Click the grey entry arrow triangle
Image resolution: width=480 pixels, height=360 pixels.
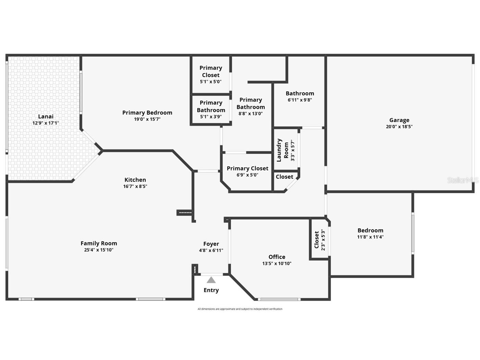pyautogui.click(x=211, y=280)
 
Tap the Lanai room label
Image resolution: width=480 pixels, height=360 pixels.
pyautogui.click(x=46, y=116)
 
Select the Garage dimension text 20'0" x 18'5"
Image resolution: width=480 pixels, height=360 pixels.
pyautogui.click(x=399, y=127)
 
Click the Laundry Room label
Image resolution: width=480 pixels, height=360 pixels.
pyautogui.click(x=283, y=150)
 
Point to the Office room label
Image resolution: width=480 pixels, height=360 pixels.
pyautogui.click(x=277, y=257)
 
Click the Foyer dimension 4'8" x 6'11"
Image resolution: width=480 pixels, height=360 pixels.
pyautogui.click(x=211, y=251)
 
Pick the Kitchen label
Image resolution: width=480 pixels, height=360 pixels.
pyautogui.click(x=135, y=180)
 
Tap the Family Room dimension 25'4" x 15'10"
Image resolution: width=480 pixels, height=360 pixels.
pyautogui.click(x=99, y=250)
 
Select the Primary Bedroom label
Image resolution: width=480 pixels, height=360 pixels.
pyautogui.click(x=147, y=112)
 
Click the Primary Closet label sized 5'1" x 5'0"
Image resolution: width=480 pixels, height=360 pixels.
pyautogui.click(x=211, y=71)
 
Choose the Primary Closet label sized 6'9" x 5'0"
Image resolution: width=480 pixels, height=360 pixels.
pyautogui.click(x=247, y=168)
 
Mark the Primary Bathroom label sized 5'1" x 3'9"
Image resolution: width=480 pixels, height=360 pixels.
pyautogui.click(x=211, y=106)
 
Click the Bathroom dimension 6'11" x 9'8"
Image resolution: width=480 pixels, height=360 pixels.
pyautogui.click(x=300, y=100)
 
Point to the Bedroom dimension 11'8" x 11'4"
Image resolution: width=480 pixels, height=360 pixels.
pyautogui.click(x=370, y=237)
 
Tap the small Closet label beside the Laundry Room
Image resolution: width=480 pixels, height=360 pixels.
pyautogui.click(x=284, y=177)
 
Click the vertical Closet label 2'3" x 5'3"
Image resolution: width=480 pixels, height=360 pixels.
pyautogui.click(x=317, y=239)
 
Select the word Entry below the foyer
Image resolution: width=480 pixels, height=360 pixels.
pyautogui.click(x=211, y=290)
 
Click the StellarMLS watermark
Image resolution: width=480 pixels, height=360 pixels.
pyautogui.click(x=463, y=180)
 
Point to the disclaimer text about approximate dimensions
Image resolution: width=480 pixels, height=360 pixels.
pyautogui.click(x=240, y=309)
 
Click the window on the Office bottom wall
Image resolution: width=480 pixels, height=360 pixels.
pyautogui.click(x=279, y=299)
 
